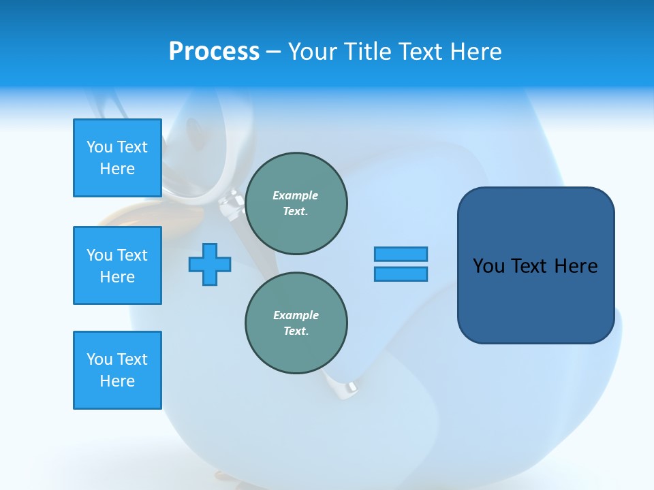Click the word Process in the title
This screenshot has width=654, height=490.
coord(214,52)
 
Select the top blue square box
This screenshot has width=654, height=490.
coord(117,158)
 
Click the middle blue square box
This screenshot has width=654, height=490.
coord(117,265)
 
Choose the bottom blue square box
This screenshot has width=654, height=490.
coord(117,370)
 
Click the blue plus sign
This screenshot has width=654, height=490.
coord(210,264)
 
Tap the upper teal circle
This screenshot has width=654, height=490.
coord(296,203)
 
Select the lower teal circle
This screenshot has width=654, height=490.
coord(296,323)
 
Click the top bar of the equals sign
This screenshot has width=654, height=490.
coord(401,254)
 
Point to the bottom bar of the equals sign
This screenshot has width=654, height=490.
coord(401,274)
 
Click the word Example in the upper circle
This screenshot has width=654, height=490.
coord(295,195)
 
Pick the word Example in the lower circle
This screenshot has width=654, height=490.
coord(296,315)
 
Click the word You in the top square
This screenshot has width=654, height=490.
coord(99,147)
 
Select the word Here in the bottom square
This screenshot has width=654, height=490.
coord(117,381)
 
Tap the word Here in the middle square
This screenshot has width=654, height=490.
coord(117,277)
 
